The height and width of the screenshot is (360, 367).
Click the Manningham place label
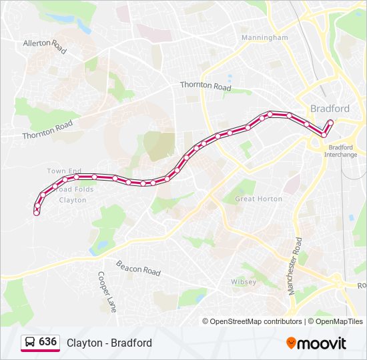265,38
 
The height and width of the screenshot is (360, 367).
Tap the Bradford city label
330,109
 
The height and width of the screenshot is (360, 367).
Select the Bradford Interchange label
340,151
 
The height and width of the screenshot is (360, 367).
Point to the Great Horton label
259,199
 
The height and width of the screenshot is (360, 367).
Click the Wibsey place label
244,282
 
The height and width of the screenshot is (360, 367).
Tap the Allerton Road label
46,45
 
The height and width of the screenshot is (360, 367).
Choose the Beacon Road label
139,268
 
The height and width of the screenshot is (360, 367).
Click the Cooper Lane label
107,292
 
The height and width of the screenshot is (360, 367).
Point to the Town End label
64,171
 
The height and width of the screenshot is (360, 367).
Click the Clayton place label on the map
73,200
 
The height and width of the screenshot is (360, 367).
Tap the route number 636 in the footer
47,342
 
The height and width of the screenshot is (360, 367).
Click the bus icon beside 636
30,343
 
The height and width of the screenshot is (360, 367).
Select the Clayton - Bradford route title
109,343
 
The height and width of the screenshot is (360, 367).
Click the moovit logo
316,343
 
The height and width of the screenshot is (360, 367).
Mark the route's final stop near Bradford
330,122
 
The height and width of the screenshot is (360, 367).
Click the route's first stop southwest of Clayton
37,212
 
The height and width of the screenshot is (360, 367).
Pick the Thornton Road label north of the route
206,86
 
